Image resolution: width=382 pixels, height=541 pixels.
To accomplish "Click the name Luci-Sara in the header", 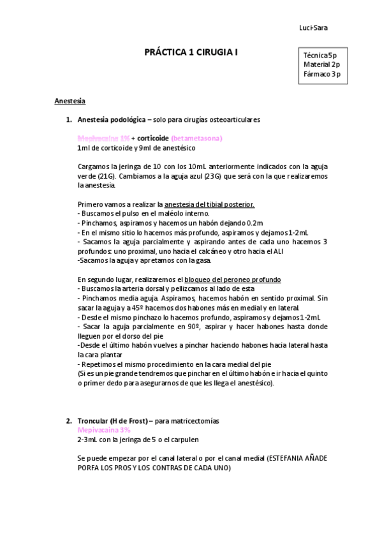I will tap(314, 27).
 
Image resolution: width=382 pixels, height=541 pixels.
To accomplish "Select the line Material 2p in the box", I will tap(322, 64).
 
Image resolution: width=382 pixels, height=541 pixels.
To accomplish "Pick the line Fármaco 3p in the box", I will tap(323, 74).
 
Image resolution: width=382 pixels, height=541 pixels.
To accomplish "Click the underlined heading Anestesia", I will tap(70, 101).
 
